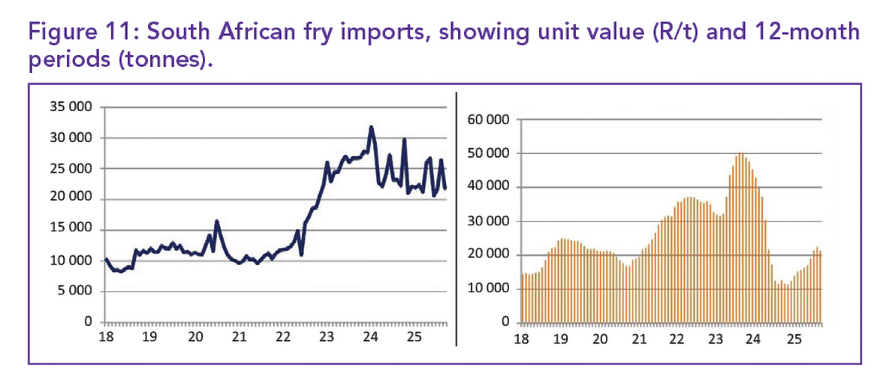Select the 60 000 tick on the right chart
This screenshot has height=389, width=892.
tap(488, 120)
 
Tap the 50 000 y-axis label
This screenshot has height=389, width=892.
tap(488, 154)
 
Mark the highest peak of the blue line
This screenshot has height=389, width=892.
tap(371, 128)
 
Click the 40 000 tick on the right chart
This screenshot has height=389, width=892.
tap(488, 187)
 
